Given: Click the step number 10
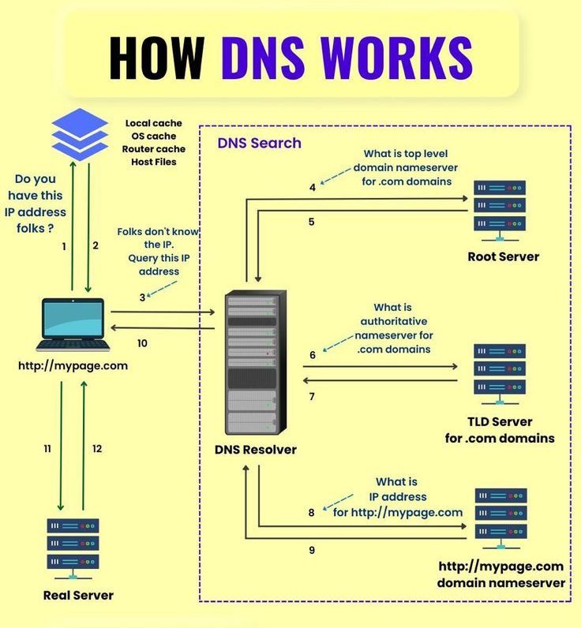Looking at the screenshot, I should pos(142,343).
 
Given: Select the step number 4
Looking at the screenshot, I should pos(313,188).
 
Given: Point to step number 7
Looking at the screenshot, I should pos(312,396).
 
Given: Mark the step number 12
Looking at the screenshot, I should pos(97,449).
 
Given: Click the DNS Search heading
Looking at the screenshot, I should pos(259,143).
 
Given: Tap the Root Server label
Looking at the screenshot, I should pos(504,256).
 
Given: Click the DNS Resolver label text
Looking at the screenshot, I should pos(256,450).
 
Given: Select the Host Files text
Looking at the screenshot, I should pos(154,162).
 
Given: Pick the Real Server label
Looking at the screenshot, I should pos(79,595).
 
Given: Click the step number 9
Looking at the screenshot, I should pos(312,550).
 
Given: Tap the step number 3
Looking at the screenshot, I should pos(142,297).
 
